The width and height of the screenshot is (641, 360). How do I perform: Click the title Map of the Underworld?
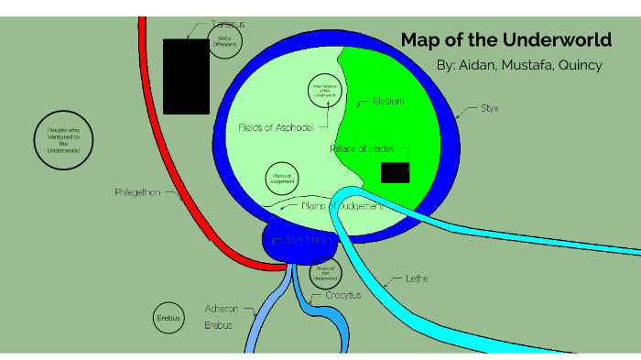(505, 39)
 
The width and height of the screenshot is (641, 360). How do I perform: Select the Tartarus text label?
(228, 24)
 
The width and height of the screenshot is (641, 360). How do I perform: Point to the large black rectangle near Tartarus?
(186, 76)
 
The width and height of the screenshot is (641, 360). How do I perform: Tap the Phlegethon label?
(138, 193)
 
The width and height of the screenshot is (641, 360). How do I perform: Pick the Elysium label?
(382, 102)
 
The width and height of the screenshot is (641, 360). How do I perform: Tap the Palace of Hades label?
(362, 148)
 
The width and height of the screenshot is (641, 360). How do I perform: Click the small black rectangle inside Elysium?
(395, 172)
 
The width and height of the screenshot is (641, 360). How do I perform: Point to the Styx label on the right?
(490, 108)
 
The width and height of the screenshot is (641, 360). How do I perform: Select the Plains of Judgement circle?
(281, 179)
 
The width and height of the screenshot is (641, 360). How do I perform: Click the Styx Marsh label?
(309, 239)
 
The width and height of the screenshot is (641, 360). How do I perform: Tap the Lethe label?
(417, 278)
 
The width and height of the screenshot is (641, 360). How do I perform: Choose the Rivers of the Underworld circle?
(324, 273)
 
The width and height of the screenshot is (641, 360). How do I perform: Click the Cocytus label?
(343, 296)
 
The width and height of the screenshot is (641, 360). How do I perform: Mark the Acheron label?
(221, 310)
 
